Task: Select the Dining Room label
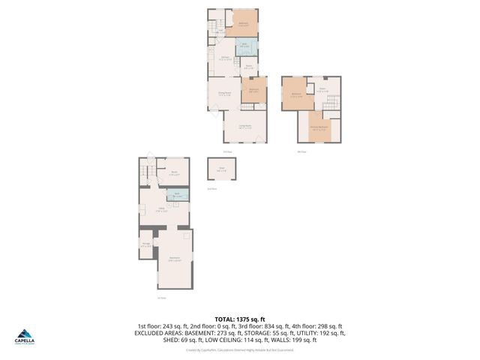(224, 94)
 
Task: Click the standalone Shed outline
(221, 170)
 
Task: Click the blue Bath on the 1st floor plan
(178, 196)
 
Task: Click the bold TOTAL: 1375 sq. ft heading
(240, 319)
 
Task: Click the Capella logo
(25, 337)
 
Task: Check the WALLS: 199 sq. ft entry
(298, 340)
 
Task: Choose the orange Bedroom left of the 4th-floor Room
(295, 94)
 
